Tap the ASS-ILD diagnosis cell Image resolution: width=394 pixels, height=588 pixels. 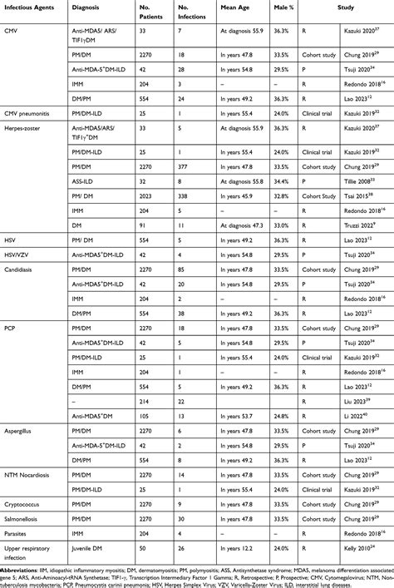[x=110, y=180]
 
